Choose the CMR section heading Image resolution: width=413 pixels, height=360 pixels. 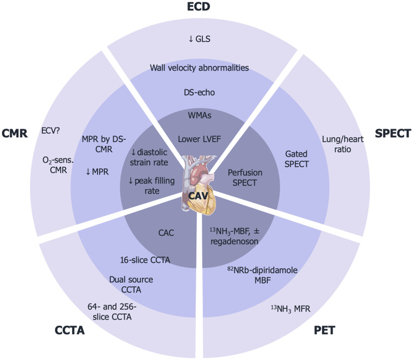click(x=15, y=134)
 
